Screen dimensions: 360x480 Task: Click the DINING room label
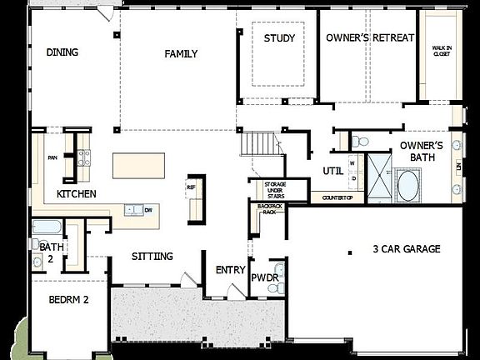point(62,52)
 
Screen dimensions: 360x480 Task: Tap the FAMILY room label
point(181,54)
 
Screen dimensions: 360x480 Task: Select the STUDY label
point(279,38)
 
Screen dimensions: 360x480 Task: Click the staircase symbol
point(254,143)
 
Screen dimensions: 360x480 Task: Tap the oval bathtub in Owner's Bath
point(408,184)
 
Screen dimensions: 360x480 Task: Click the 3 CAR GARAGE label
point(407,249)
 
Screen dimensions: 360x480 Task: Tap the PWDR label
point(264,276)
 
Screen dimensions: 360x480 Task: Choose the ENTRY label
point(229,270)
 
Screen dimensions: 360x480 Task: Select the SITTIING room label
point(152,257)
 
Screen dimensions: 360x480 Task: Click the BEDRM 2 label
point(68,299)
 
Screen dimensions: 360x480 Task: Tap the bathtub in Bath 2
point(46,227)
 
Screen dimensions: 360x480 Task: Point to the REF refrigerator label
point(191,187)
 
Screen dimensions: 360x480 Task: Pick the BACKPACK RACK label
point(268,208)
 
